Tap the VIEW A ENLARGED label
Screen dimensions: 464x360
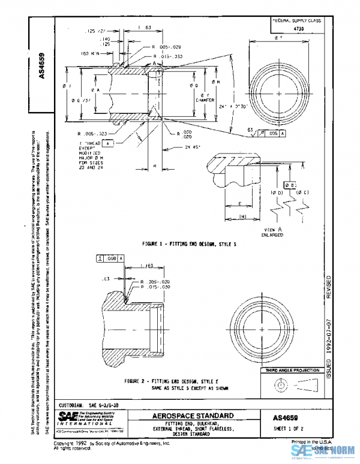pyautogui.click(x=260, y=233)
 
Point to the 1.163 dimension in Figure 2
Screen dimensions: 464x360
pyautogui.click(x=145, y=265)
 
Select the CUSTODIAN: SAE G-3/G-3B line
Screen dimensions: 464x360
pyautogui.click(x=89, y=405)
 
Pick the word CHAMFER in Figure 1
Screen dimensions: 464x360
pyautogui.click(x=202, y=101)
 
